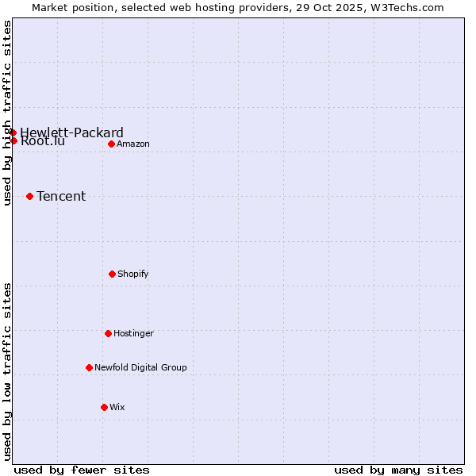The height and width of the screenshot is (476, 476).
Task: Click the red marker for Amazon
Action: click(x=112, y=144)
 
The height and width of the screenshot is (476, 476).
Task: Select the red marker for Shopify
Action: click(x=112, y=274)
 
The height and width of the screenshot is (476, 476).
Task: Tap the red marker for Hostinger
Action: click(x=108, y=333)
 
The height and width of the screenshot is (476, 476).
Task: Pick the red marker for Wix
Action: click(x=104, y=407)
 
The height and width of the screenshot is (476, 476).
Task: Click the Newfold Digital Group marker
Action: click(x=89, y=367)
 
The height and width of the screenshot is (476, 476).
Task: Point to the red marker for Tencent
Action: click(x=29, y=196)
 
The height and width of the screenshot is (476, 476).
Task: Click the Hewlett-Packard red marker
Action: click(x=13, y=132)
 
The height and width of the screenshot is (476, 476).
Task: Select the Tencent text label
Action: click(x=61, y=196)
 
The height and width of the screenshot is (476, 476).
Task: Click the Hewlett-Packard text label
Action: click(x=71, y=132)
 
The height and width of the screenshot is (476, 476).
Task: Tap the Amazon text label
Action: click(x=133, y=144)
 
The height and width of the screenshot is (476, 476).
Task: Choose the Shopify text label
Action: click(x=133, y=274)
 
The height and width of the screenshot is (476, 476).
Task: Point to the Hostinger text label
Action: click(x=133, y=333)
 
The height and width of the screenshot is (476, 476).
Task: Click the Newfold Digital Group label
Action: click(x=140, y=367)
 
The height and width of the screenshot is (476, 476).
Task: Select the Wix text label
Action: click(x=117, y=407)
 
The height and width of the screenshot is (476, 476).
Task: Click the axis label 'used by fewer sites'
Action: click(x=82, y=470)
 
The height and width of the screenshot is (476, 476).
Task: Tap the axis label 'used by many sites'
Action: click(x=398, y=470)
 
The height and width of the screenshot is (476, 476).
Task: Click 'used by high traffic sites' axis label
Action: click(x=8, y=113)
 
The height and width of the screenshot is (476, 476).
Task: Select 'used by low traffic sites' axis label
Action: click(x=8, y=371)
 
